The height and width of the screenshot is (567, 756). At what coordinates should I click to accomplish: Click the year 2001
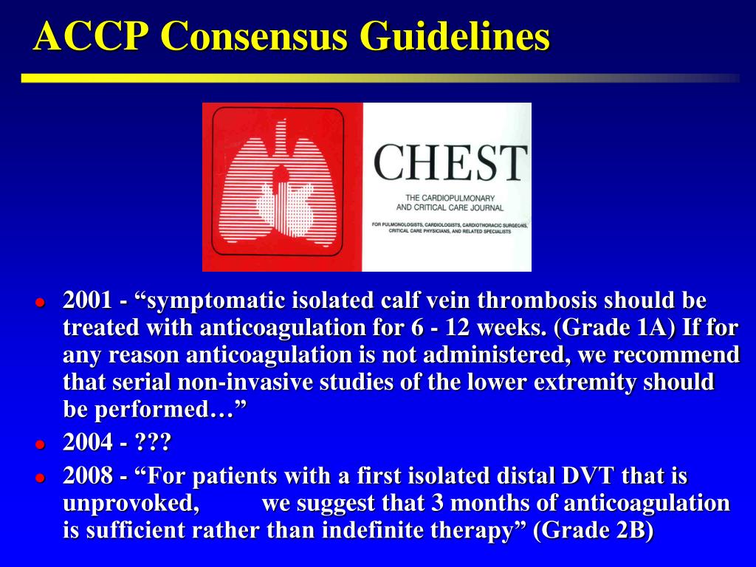coord(87,301)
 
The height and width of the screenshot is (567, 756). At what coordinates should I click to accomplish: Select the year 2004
coord(87,443)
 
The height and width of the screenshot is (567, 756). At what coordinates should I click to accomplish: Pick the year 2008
coord(87,476)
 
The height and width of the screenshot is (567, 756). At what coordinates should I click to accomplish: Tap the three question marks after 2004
coord(154,443)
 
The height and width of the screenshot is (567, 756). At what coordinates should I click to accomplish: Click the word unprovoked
coord(131,504)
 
